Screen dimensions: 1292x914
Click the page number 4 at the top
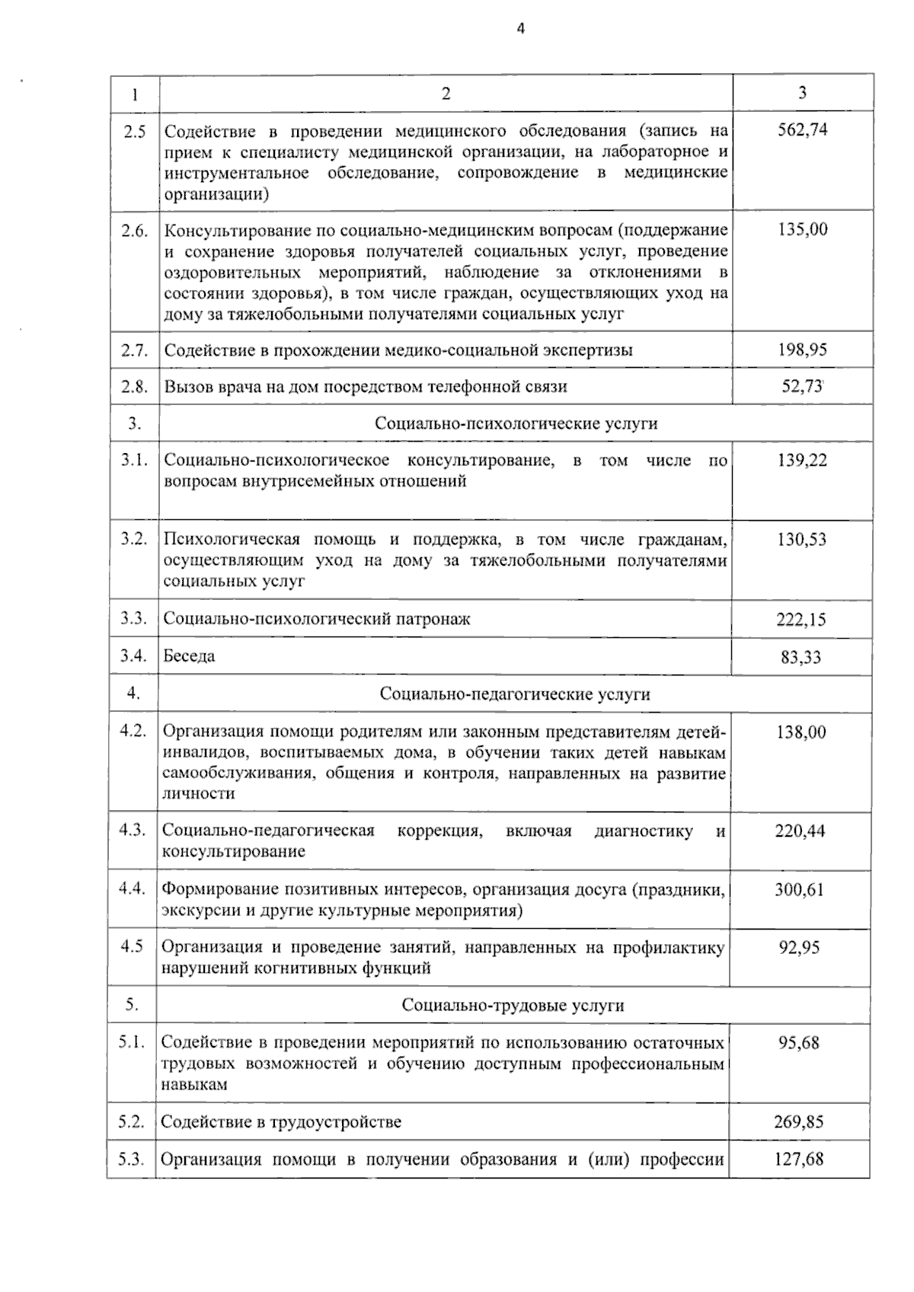pos(521,29)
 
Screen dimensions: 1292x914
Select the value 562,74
pos(802,129)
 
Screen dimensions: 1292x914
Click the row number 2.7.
pos(134,350)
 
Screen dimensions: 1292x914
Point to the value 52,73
pos(801,386)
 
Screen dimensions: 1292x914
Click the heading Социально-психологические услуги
pos(516,423)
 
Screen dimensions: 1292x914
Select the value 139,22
pos(802,461)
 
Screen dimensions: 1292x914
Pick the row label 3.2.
pos(133,539)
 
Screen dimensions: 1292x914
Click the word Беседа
pos(189,656)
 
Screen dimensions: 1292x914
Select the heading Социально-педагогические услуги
pos(515,694)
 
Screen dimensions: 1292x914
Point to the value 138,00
pos(801,732)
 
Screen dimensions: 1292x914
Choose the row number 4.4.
pos(132,888)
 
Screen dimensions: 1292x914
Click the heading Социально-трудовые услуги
pos(513,1006)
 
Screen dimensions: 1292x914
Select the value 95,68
pos(799,1043)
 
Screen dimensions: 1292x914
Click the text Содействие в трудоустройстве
pos(281,1122)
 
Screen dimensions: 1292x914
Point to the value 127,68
pos(798,1160)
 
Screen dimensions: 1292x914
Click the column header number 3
pos(802,93)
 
